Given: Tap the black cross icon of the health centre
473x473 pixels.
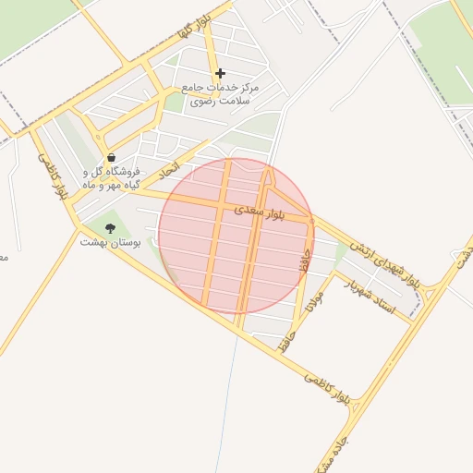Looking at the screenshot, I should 220,73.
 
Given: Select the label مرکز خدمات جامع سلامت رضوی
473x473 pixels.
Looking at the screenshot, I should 220,93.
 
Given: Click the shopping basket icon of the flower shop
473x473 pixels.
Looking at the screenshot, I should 112,157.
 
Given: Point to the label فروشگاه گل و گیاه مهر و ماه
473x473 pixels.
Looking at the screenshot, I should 112,178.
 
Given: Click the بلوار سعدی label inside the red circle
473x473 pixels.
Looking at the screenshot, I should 272,212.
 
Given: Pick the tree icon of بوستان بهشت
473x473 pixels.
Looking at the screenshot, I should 111,227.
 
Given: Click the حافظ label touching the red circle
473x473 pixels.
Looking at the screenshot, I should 304,258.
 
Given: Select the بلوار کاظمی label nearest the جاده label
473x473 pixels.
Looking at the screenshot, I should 327,386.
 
